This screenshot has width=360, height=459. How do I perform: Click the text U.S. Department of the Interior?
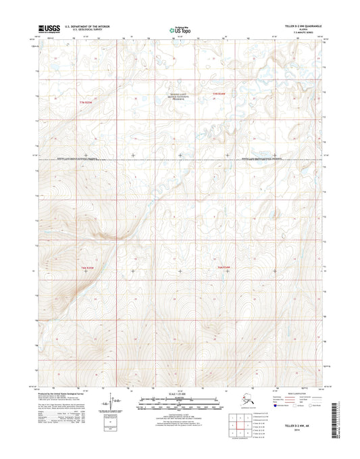[x=87, y=26]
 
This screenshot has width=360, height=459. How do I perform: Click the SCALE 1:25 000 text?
[x=180, y=393]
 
